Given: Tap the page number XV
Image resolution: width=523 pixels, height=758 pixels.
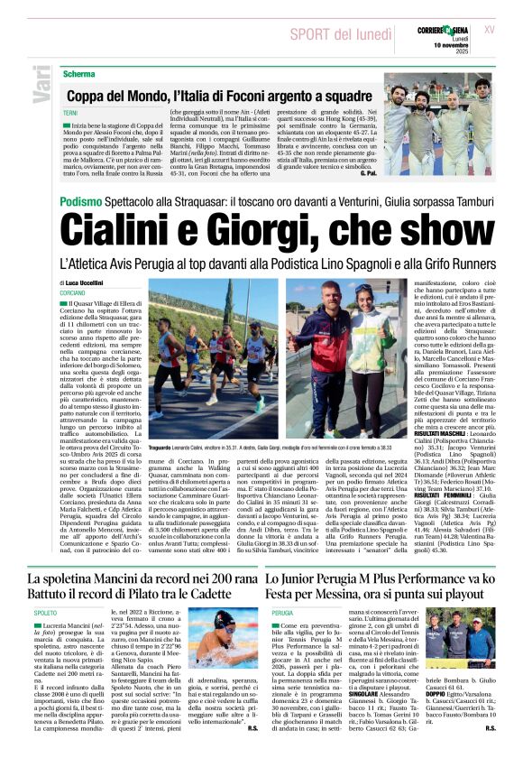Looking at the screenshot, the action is coord(490,29).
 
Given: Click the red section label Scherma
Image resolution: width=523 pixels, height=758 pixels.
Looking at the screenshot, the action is coord(79,72).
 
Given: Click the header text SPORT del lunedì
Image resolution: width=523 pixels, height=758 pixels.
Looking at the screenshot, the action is coord(341,34).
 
